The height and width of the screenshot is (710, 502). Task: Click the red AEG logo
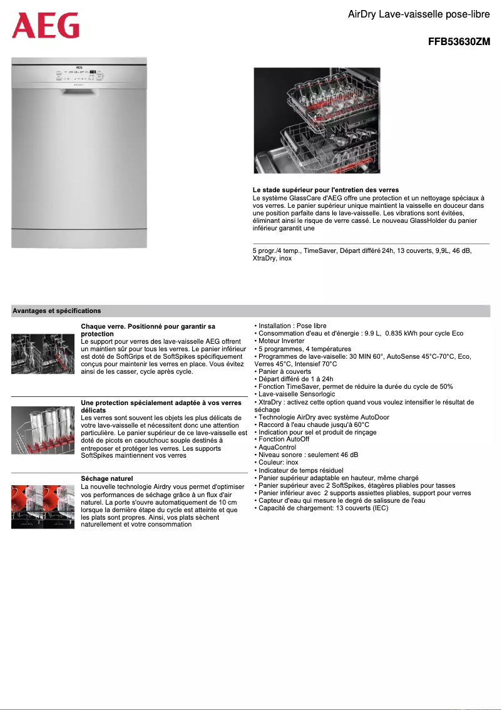[x=46, y=26]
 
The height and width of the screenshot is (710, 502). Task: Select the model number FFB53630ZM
[x=459, y=43]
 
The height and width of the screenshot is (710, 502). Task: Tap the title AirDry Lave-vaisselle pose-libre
[x=419, y=14]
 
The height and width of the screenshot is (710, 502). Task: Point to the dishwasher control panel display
[x=92, y=72]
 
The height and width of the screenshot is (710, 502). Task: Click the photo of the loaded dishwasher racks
[x=317, y=120]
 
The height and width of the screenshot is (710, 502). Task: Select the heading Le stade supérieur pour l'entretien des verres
[x=325, y=190]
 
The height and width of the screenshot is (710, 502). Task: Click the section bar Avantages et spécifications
[x=57, y=311]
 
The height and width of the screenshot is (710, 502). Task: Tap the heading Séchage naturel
[x=107, y=479]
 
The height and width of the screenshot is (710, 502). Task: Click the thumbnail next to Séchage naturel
[x=43, y=507]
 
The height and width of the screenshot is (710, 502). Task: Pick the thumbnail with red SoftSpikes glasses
[x=43, y=429]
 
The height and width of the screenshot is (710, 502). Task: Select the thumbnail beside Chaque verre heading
[x=43, y=354]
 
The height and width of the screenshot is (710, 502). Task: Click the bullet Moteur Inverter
[x=281, y=341]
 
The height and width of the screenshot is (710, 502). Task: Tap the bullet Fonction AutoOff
[x=284, y=440]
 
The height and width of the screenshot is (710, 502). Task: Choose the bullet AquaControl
[x=277, y=447]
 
